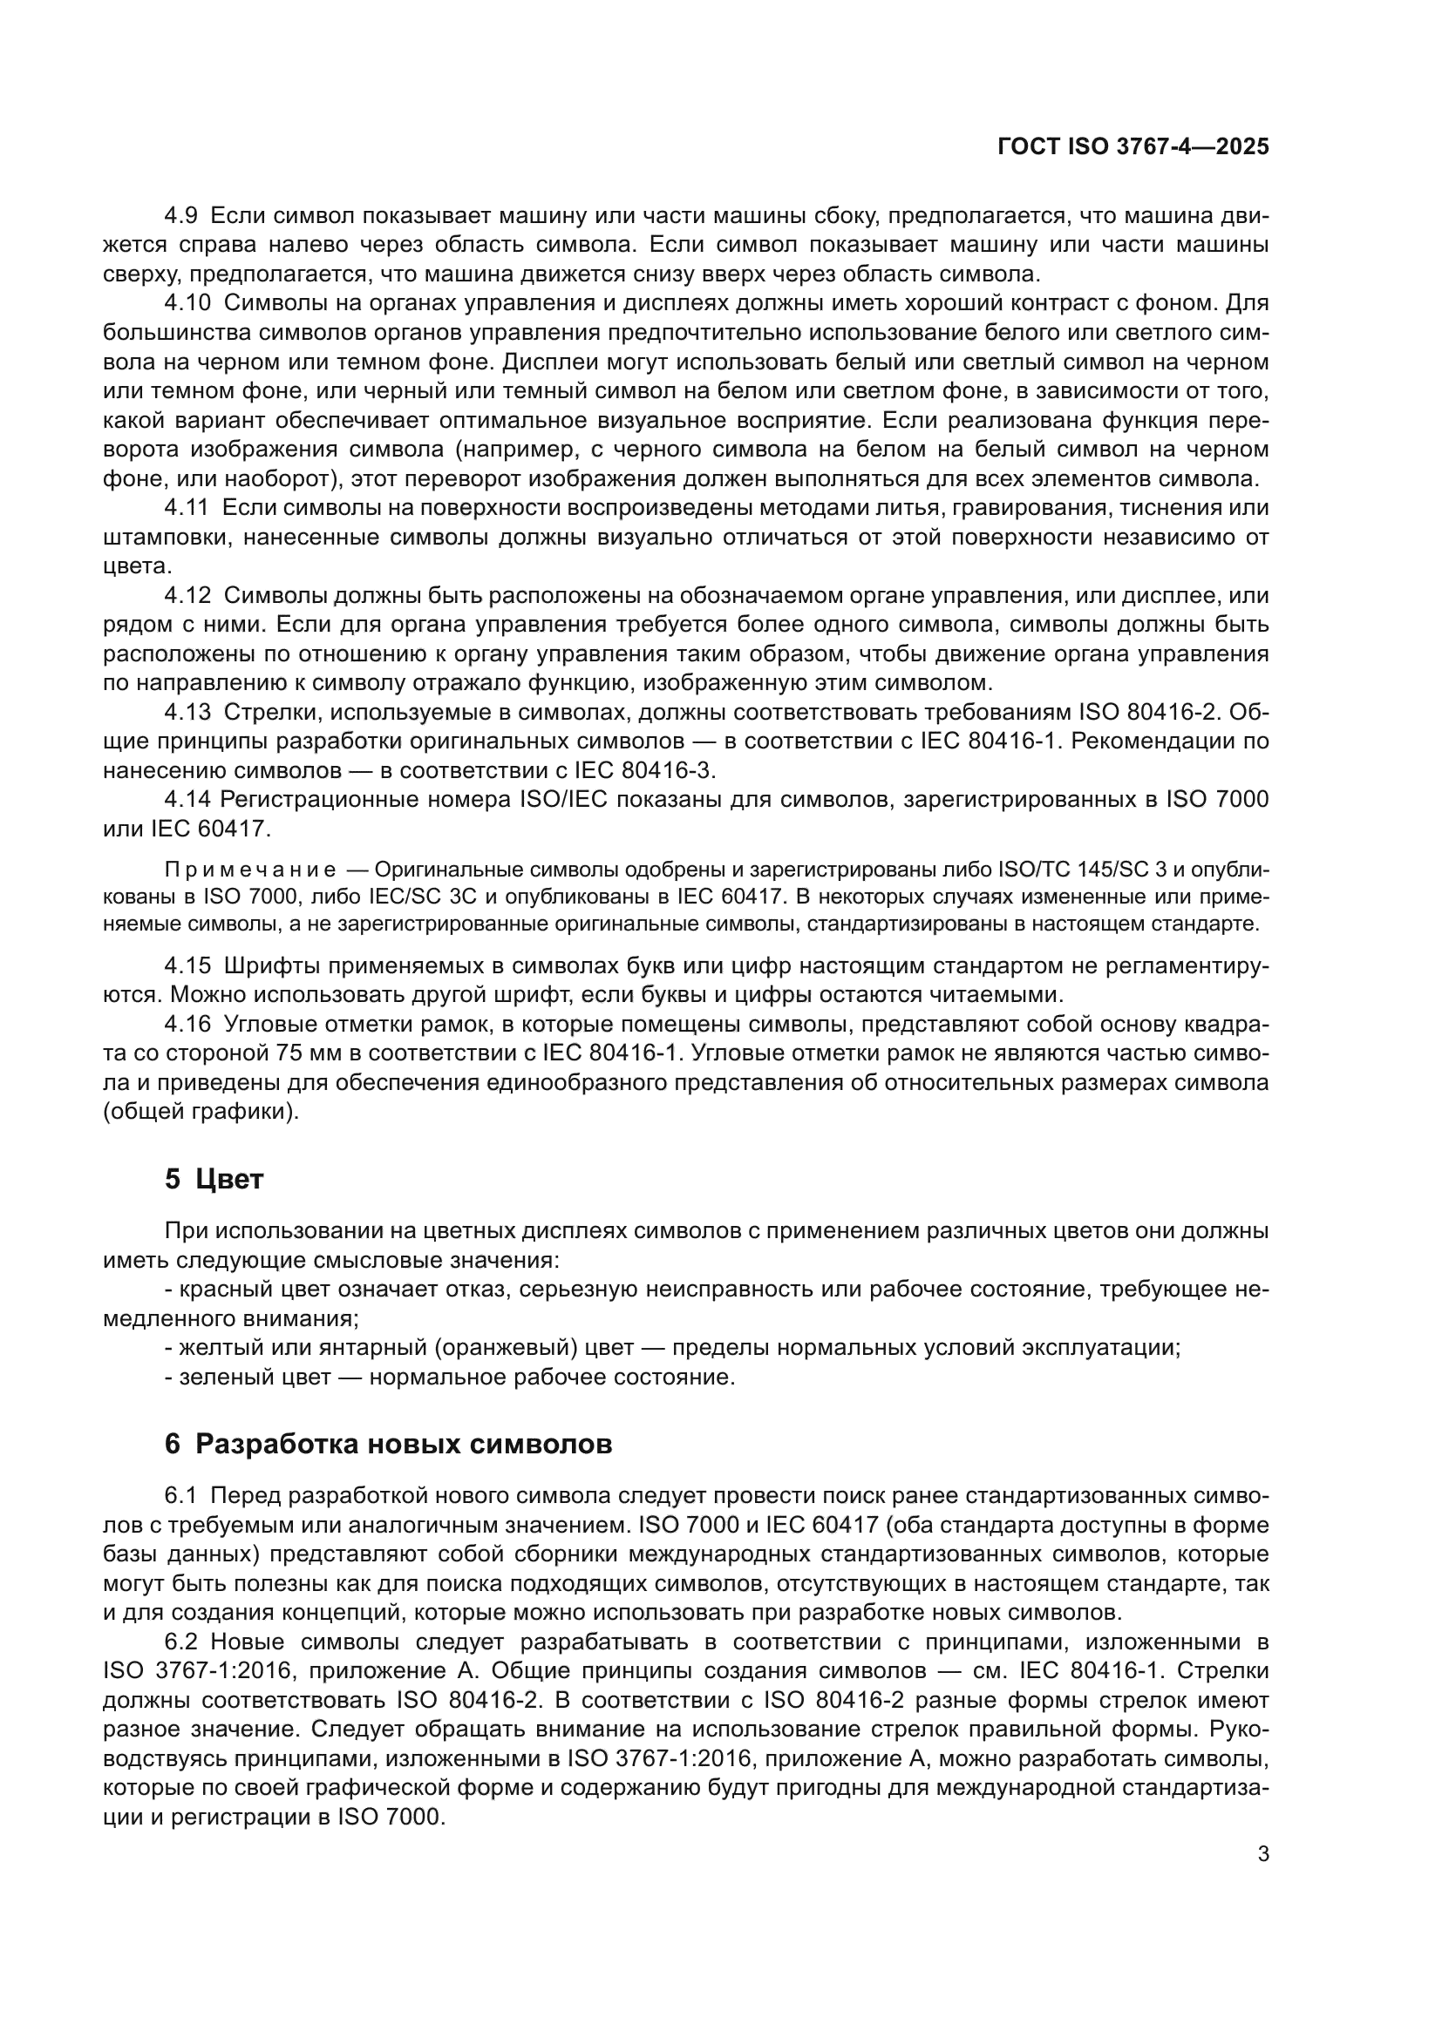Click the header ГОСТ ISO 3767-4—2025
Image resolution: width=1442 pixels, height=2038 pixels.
[1133, 147]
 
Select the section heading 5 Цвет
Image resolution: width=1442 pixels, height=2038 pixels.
[214, 1180]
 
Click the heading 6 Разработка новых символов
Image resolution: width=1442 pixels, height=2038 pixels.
[388, 1444]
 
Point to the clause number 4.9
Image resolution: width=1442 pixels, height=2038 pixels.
[181, 216]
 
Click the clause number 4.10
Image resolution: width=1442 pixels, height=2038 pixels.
[187, 302]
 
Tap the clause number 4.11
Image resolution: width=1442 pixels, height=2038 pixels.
[187, 508]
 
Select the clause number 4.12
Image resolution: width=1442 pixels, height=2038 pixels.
[187, 596]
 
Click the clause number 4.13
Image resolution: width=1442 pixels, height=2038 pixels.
[187, 712]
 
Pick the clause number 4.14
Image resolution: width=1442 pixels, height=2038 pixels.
[187, 800]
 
